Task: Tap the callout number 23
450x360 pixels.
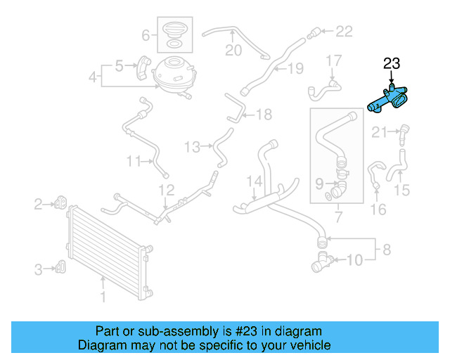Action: click(x=392, y=64)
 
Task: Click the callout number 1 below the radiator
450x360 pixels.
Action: click(x=103, y=297)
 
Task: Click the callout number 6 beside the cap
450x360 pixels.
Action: click(x=146, y=34)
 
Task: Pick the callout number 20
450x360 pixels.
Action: click(x=233, y=50)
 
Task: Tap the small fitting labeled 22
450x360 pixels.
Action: click(x=314, y=31)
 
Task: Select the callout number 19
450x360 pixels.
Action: click(x=295, y=68)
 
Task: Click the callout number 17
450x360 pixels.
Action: click(x=333, y=61)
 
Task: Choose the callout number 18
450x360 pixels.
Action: click(x=263, y=114)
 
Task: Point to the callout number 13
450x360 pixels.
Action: click(x=192, y=147)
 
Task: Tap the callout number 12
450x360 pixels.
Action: click(x=165, y=190)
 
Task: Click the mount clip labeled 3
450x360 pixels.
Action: click(x=61, y=267)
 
